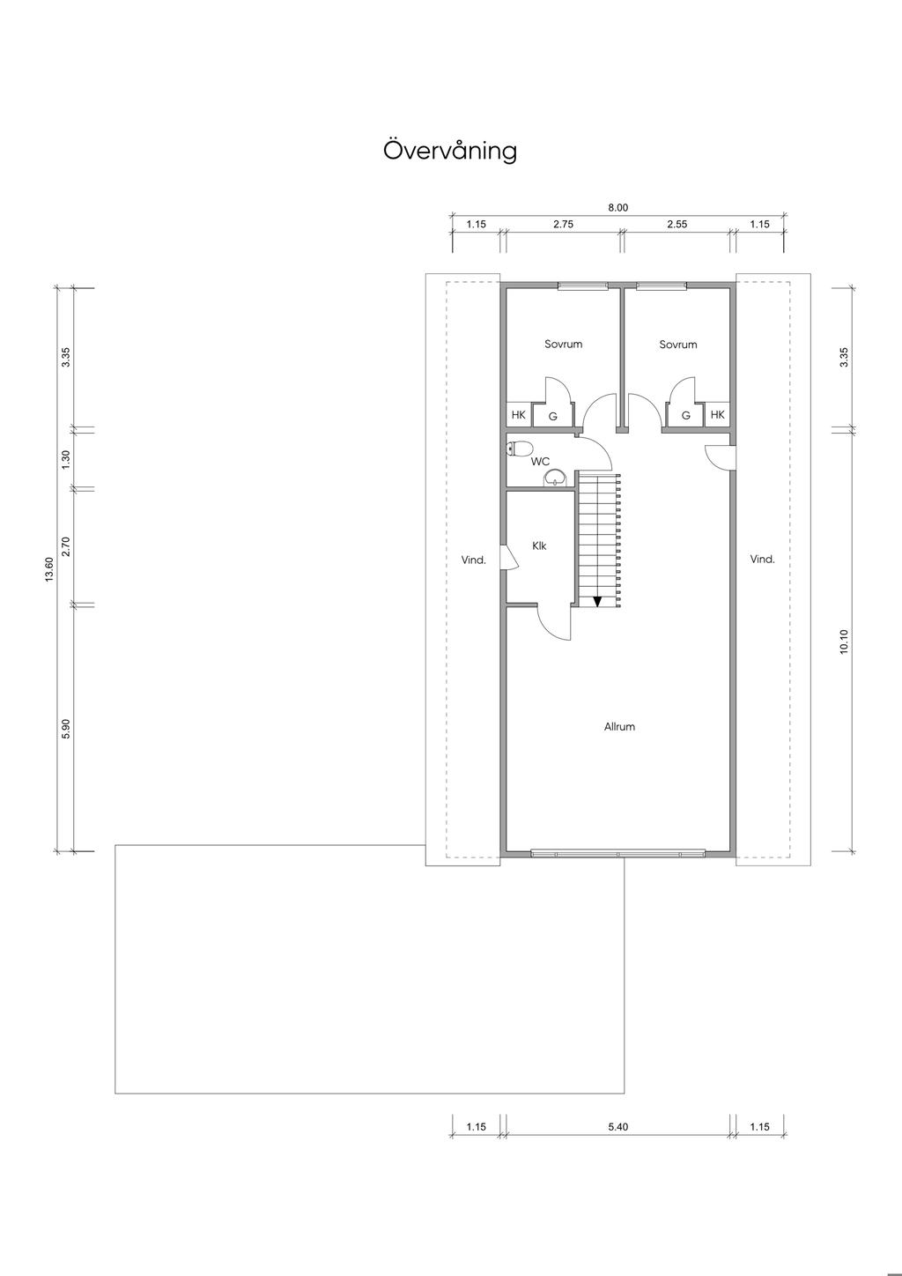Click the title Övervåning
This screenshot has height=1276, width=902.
[x=450, y=151]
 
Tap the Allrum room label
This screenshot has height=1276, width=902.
[x=619, y=727]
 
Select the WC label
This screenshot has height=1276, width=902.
[x=540, y=462]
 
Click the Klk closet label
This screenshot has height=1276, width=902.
[x=539, y=545]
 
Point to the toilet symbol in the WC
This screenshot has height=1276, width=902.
[x=519, y=449]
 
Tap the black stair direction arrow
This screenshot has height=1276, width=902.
[x=597, y=601]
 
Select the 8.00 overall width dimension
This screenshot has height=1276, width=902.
[x=617, y=208]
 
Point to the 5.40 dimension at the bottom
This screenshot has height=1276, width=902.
[x=617, y=1127]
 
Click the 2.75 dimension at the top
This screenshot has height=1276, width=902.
[x=563, y=225]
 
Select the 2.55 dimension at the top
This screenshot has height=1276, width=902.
[x=677, y=225]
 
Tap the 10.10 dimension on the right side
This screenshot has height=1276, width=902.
[x=844, y=642]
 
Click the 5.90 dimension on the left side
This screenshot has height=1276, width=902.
[x=65, y=729]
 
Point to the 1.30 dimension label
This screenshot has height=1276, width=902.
[x=65, y=460]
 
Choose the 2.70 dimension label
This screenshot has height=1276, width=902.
[x=65, y=546]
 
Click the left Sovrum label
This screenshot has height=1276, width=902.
[x=563, y=344]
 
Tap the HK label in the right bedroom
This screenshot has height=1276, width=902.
[x=718, y=415]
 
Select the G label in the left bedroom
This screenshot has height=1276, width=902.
[x=553, y=417]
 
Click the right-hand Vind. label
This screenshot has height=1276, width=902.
[x=763, y=560]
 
